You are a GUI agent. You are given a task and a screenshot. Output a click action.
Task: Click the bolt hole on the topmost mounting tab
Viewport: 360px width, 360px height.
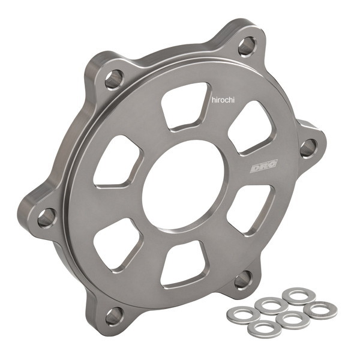(246, 46)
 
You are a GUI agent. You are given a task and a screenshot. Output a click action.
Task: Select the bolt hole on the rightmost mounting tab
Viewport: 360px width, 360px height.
(308, 148)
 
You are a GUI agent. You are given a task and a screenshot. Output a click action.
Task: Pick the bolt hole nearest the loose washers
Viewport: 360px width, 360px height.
(242, 278)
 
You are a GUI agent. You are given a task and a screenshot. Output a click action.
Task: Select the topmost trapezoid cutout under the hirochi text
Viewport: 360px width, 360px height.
(185, 107)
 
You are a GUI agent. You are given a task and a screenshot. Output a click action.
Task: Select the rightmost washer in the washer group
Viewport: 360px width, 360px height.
(320, 310)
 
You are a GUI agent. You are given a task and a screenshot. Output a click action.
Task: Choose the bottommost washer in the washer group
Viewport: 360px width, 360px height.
(265, 328)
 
